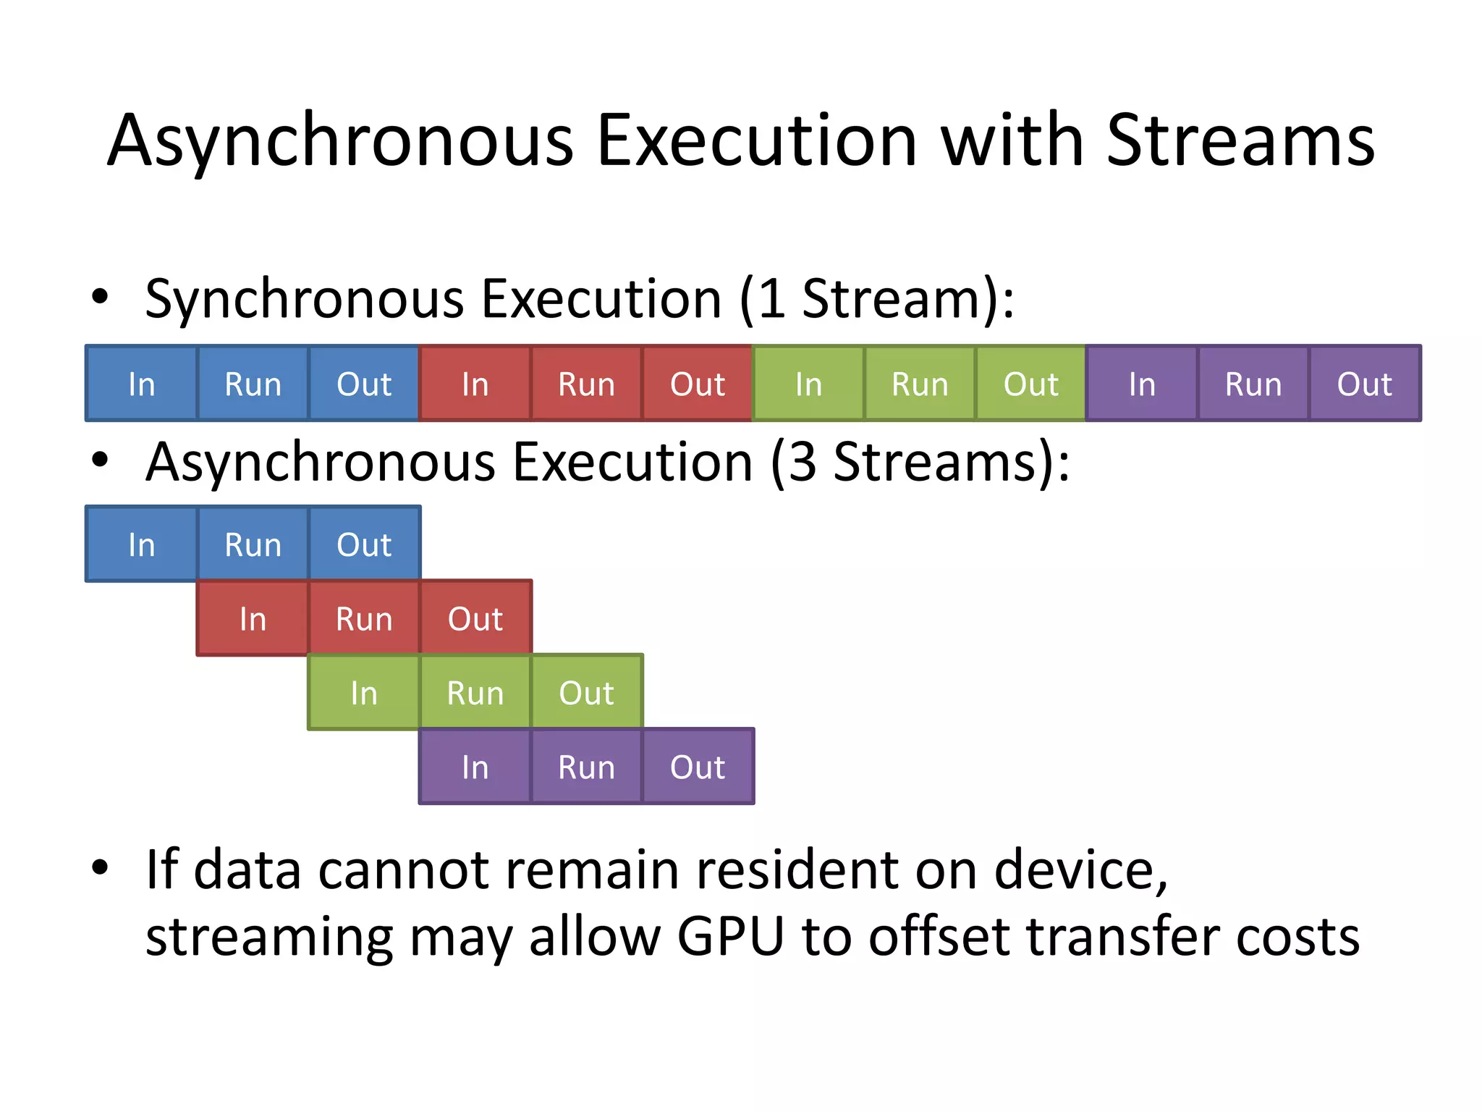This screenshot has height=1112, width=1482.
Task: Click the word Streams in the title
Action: tap(1240, 141)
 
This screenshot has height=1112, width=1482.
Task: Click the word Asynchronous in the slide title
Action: tap(340, 141)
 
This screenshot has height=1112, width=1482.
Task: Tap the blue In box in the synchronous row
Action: tap(141, 384)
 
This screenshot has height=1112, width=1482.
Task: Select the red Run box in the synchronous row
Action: tap(586, 384)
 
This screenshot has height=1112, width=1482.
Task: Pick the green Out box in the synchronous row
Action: tap(1030, 384)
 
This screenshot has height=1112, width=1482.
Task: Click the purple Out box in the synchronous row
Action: tap(1364, 384)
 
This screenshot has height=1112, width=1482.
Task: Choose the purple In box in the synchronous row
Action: tap(1142, 384)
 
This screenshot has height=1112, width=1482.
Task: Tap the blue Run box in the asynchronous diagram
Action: tap(253, 544)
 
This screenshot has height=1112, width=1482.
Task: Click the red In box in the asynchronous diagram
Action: tap(253, 619)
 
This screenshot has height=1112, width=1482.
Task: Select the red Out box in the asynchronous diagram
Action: tap(475, 619)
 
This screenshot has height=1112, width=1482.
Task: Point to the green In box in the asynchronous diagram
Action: tap(363, 693)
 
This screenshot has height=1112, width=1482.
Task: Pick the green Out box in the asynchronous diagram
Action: tap(586, 693)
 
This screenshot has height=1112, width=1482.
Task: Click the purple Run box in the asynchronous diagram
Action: tap(586, 767)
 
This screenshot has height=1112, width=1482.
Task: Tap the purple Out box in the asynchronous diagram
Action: tap(698, 767)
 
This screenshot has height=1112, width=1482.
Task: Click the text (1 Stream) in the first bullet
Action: tap(872, 299)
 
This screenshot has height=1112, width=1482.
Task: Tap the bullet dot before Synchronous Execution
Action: tap(100, 296)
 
